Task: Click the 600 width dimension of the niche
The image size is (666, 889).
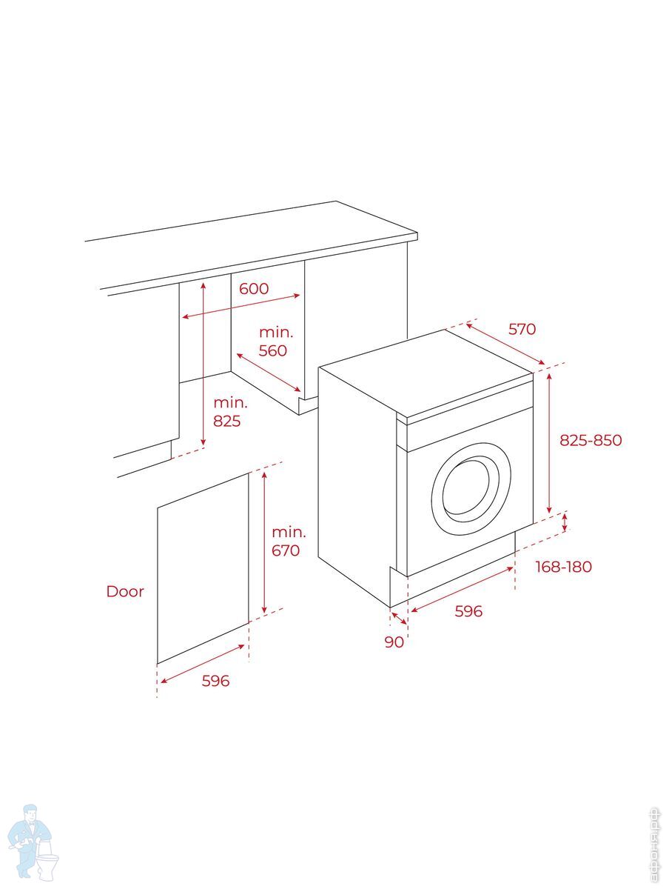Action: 254,289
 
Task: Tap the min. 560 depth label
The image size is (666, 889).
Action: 275,342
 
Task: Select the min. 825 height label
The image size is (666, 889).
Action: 230,412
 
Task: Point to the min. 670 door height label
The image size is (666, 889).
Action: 288,541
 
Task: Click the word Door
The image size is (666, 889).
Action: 125,591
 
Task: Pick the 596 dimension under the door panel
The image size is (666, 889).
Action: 216,681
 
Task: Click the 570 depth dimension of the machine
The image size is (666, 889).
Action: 522,329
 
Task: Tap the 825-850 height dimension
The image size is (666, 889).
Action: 591,440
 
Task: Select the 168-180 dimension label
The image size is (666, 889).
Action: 563,567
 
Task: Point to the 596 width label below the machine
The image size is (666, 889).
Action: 468,611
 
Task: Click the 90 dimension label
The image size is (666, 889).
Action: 394,642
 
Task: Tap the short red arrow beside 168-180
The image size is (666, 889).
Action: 566,522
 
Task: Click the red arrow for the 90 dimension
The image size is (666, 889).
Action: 399,617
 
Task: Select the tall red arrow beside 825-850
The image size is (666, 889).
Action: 549,443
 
